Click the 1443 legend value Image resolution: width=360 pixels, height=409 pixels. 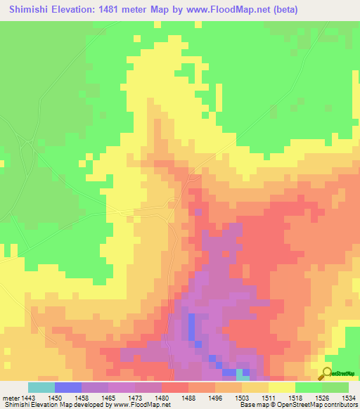(28, 398)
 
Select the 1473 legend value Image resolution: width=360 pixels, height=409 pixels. (136, 398)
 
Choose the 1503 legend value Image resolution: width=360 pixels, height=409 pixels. (242, 398)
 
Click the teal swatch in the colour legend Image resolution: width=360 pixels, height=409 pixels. (41, 387)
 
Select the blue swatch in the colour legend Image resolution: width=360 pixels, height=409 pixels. (68, 387)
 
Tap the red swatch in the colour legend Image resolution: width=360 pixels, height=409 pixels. (175, 387)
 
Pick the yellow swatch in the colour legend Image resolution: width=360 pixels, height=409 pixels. (282, 387)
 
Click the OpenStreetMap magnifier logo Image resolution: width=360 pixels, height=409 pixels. (325, 372)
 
